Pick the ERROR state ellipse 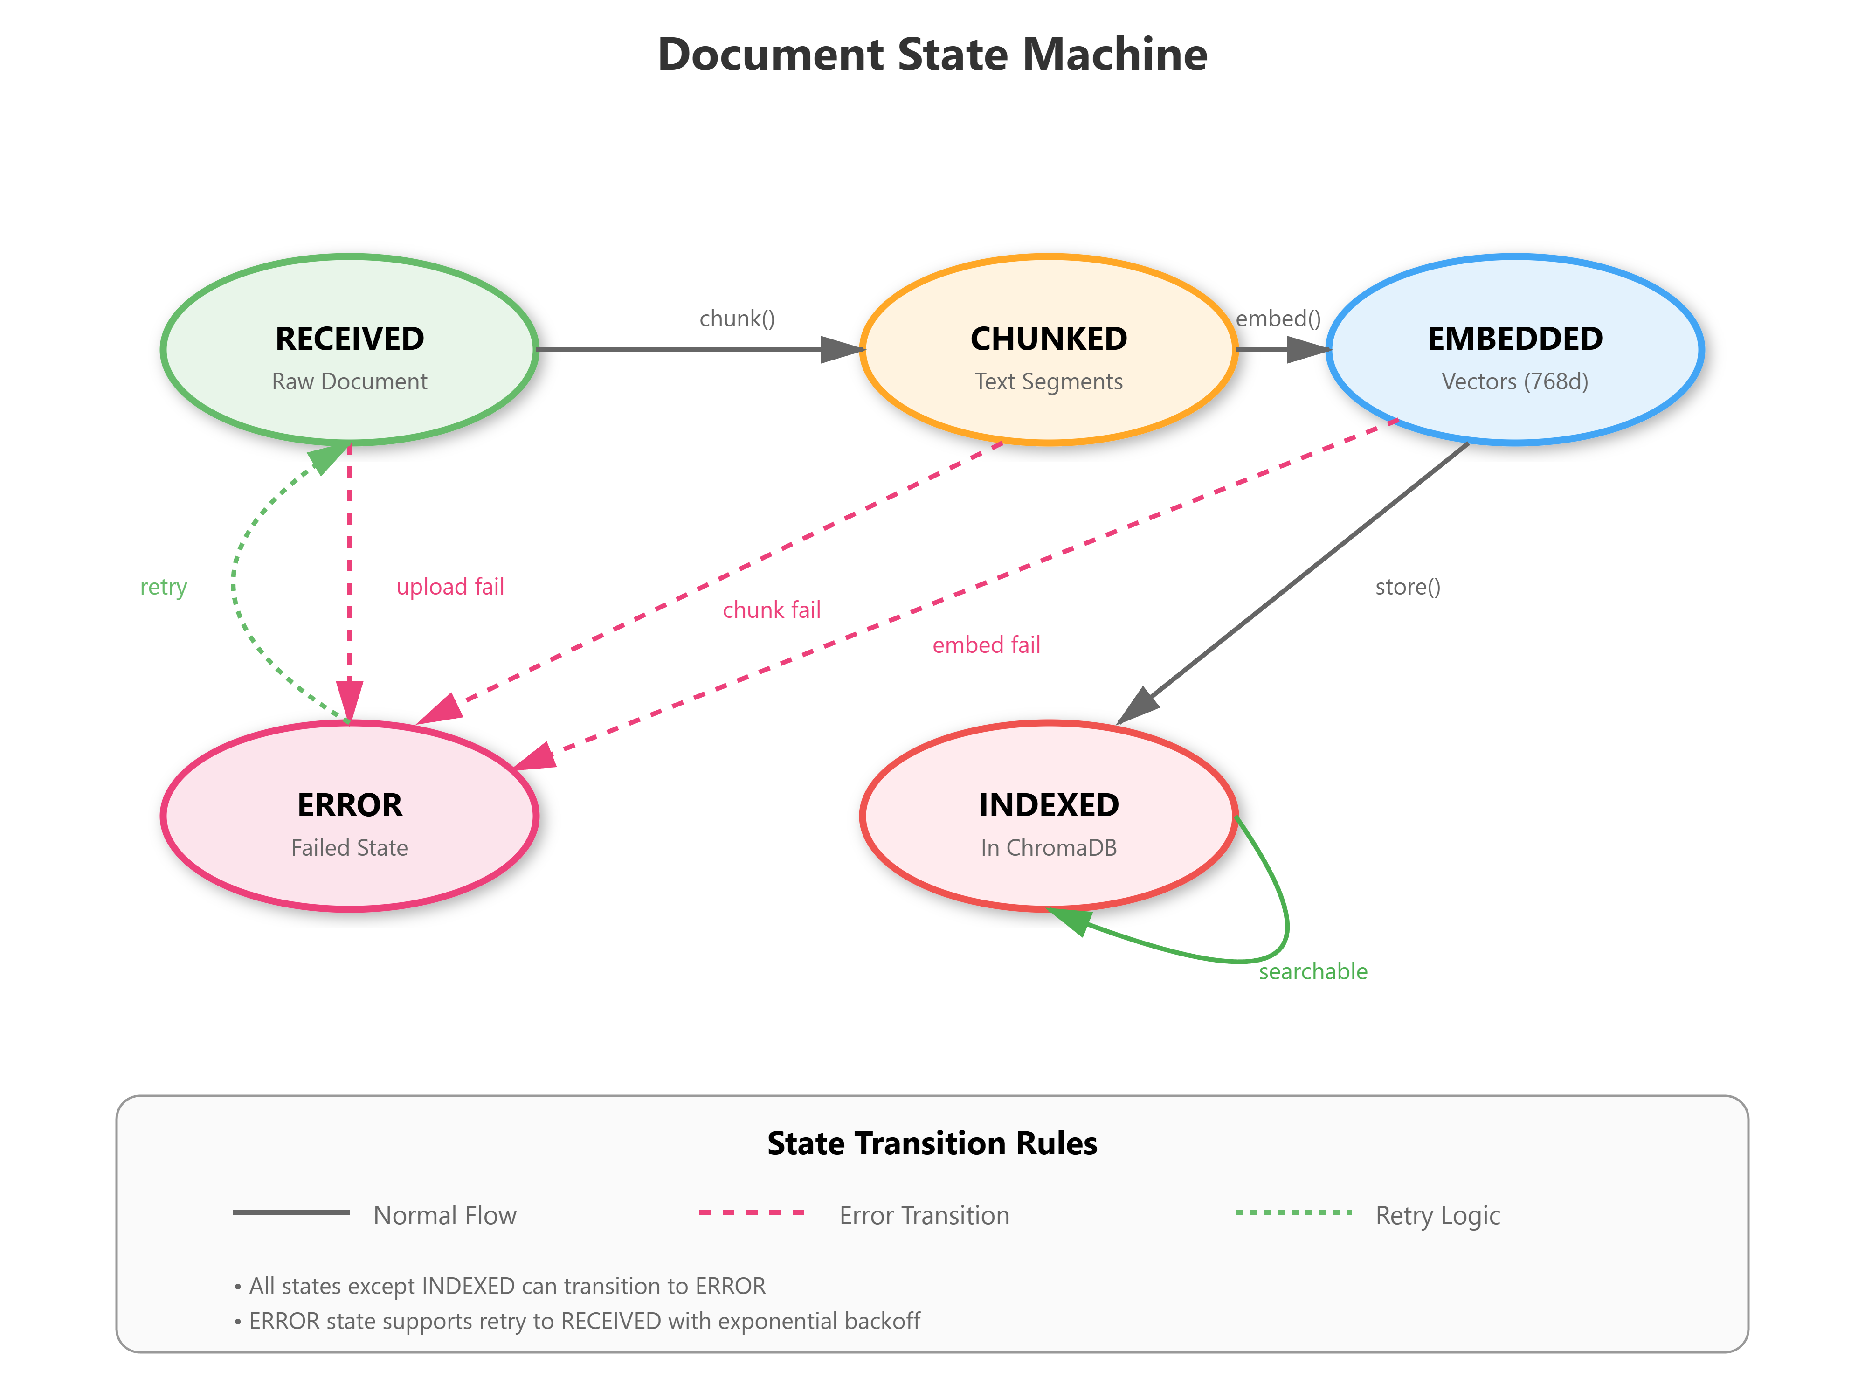coord(349,816)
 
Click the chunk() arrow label coord(736,319)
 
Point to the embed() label coord(1278,319)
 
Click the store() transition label coord(1407,587)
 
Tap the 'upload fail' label coord(450,587)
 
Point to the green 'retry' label coord(164,587)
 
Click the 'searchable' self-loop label coord(1313,971)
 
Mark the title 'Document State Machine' coord(932,55)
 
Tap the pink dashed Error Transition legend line coord(752,1212)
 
